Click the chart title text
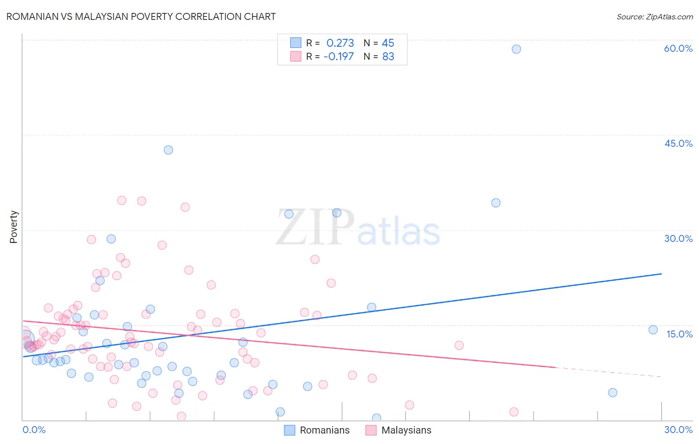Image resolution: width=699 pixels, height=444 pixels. [141, 16]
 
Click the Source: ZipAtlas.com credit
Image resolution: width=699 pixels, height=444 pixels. [654, 16]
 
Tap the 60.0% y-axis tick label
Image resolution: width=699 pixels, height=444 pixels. [678, 48]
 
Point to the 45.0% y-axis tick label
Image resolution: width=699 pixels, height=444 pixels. [678, 143]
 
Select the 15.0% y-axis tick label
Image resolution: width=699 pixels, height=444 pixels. [679, 334]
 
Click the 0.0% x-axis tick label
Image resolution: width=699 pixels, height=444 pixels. [34, 430]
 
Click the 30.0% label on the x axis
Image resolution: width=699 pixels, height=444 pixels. [678, 430]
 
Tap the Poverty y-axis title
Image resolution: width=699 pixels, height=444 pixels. [13, 227]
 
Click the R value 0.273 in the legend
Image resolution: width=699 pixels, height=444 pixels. [340, 43]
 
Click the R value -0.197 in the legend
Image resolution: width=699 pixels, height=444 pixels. [339, 56]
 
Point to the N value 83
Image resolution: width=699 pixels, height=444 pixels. [388, 56]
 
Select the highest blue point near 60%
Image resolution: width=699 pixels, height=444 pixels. [516, 49]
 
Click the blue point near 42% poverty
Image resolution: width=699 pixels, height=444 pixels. [169, 150]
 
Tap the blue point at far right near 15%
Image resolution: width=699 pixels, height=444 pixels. [653, 330]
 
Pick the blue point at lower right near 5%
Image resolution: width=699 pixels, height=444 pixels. [612, 392]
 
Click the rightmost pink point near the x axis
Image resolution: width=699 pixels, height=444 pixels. [514, 412]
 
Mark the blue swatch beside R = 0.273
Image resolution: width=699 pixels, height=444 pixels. [296, 43]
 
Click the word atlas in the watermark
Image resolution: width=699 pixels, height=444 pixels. [399, 232]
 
